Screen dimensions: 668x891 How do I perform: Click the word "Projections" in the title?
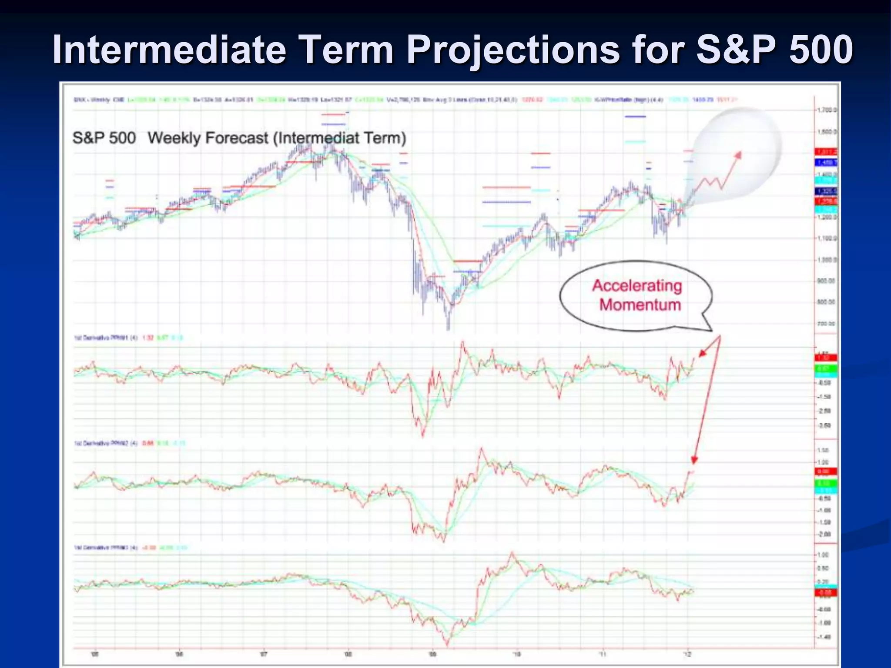[x=513, y=49]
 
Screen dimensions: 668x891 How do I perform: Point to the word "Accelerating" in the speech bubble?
[x=636, y=286]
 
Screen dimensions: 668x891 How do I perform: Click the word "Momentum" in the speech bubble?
[x=640, y=304]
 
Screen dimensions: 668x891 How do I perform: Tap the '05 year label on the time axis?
[x=94, y=654]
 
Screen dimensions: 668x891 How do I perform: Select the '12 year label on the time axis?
[x=687, y=654]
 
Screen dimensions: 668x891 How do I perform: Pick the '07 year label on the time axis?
[x=263, y=654]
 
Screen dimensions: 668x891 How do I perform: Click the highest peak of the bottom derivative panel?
[x=512, y=553]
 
